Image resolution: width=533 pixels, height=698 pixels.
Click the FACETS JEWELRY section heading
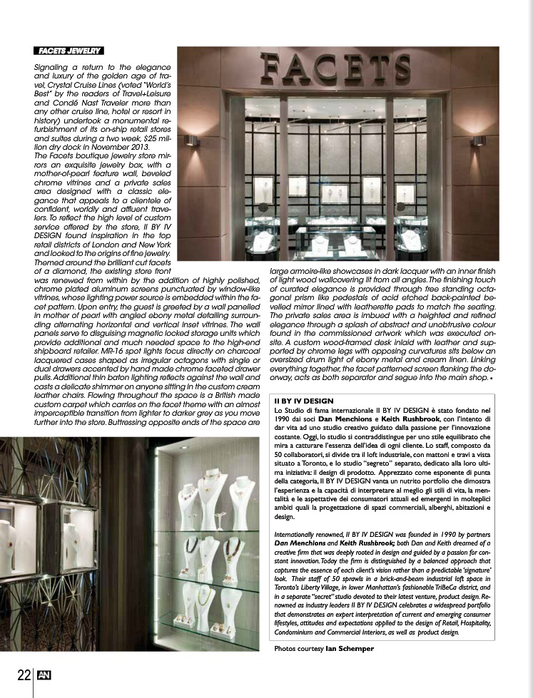pyautogui.click(x=69, y=51)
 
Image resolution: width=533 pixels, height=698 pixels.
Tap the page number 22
pyautogui.click(x=24, y=674)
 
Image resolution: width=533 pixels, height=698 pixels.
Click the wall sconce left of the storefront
pyautogui.click(x=189, y=140)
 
